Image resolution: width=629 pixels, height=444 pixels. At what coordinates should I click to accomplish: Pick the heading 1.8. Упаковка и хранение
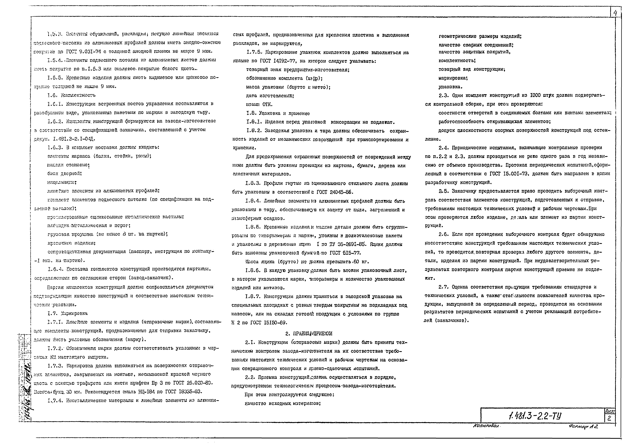(x=278, y=113)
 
